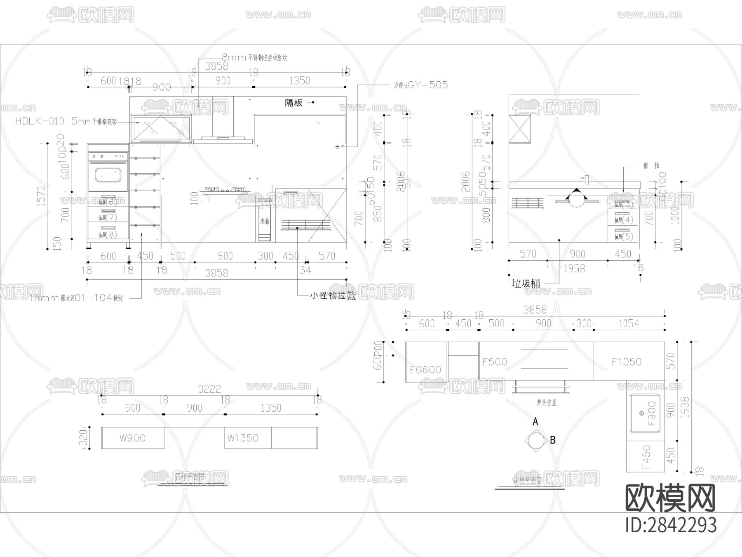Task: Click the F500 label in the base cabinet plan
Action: click(x=495, y=362)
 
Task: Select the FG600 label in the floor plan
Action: click(x=425, y=370)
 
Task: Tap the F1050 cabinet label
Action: click(x=626, y=362)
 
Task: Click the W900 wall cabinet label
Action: click(x=132, y=438)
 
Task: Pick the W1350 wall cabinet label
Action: click(x=243, y=438)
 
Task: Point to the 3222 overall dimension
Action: click(x=209, y=389)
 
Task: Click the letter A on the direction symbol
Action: click(x=535, y=421)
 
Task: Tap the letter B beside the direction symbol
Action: click(x=553, y=440)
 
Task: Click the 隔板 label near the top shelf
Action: click(x=294, y=103)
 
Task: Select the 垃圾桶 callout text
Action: click(x=526, y=283)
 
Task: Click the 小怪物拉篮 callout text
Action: click(x=333, y=295)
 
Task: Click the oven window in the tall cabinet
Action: click(x=108, y=175)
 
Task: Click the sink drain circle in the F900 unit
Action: click(x=641, y=413)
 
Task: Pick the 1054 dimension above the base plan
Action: click(x=629, y=324)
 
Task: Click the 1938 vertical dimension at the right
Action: click(x=685, y=408)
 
